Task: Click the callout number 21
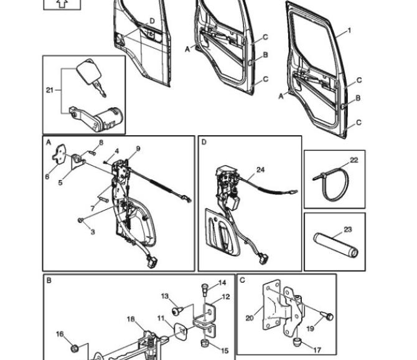click(x=49, y=90)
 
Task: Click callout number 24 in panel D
click(x=260, y=169)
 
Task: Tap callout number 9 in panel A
click(x=138, y=148)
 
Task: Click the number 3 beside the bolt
click(x=93, y=232)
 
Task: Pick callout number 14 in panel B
click(x=223, y=283)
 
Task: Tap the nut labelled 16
click(x=74, y=346)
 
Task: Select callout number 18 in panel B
click(x=131, y=320)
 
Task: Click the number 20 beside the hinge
click(x=249, y=318)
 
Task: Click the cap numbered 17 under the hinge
click(x=297, y=341)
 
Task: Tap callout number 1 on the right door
click(x=349, y=31)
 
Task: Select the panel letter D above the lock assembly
click(x=204, y=142)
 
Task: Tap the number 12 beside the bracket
click(x=226, y=297)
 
